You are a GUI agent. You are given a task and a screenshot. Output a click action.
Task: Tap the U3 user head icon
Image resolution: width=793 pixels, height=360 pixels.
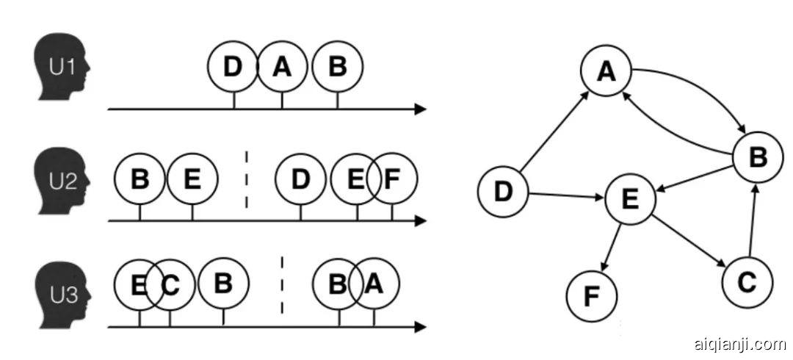63,289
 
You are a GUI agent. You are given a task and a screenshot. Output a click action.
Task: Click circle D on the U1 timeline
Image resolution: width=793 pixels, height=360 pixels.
233,67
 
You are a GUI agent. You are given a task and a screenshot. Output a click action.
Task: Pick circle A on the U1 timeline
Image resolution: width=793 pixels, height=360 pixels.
282,67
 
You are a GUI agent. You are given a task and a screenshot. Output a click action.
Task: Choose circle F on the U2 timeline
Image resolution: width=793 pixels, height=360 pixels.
393,179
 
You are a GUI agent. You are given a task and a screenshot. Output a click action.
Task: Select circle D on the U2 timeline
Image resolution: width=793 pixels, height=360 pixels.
300,179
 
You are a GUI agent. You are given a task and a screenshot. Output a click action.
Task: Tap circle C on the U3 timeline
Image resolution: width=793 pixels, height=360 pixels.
170,284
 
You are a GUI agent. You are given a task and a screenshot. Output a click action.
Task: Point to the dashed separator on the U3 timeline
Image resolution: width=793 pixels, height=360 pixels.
283,284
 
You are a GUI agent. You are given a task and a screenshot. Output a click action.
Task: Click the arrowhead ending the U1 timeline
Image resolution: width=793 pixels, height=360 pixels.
420,109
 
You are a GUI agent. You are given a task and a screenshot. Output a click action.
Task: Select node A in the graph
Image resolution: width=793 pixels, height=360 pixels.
606,71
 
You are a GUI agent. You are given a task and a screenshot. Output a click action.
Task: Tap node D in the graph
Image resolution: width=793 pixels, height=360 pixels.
503,192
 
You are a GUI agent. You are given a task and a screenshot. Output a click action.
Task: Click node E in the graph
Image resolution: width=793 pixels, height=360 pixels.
630,198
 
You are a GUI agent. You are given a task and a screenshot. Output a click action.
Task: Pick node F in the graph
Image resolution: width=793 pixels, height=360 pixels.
592,296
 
